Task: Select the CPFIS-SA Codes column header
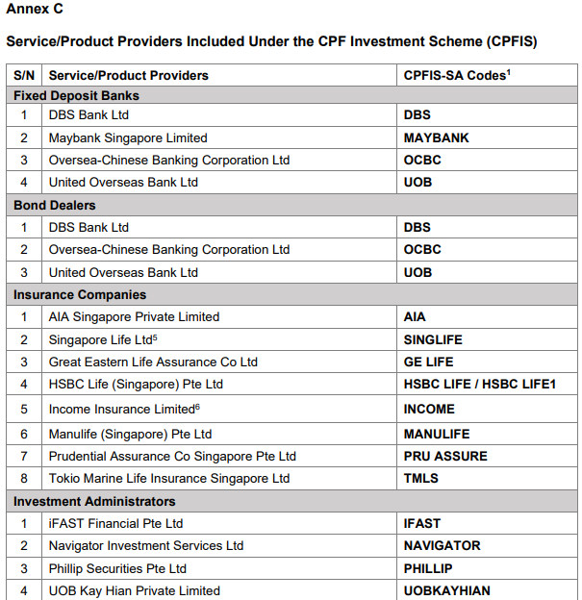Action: [455, 75]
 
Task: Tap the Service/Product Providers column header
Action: [128, 75]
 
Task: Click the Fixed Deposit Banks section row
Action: [76, 95]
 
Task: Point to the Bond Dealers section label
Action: [55, 205]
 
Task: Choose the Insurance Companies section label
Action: [80, 294]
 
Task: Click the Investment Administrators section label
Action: [94, 501]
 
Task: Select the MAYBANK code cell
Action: [436, 137]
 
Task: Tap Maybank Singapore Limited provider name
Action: [128, 137]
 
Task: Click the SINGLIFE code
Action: [433, 339]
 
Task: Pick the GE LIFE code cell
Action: [428, 362]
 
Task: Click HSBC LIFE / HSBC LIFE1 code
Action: [479, 384]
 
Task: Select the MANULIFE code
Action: [437, 434]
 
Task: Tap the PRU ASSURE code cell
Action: [445, 456]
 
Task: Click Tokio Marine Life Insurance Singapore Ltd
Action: [169, 478]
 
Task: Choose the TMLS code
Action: [420, 478]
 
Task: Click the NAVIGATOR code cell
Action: [442, 545]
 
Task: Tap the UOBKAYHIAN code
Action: [446, 590]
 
